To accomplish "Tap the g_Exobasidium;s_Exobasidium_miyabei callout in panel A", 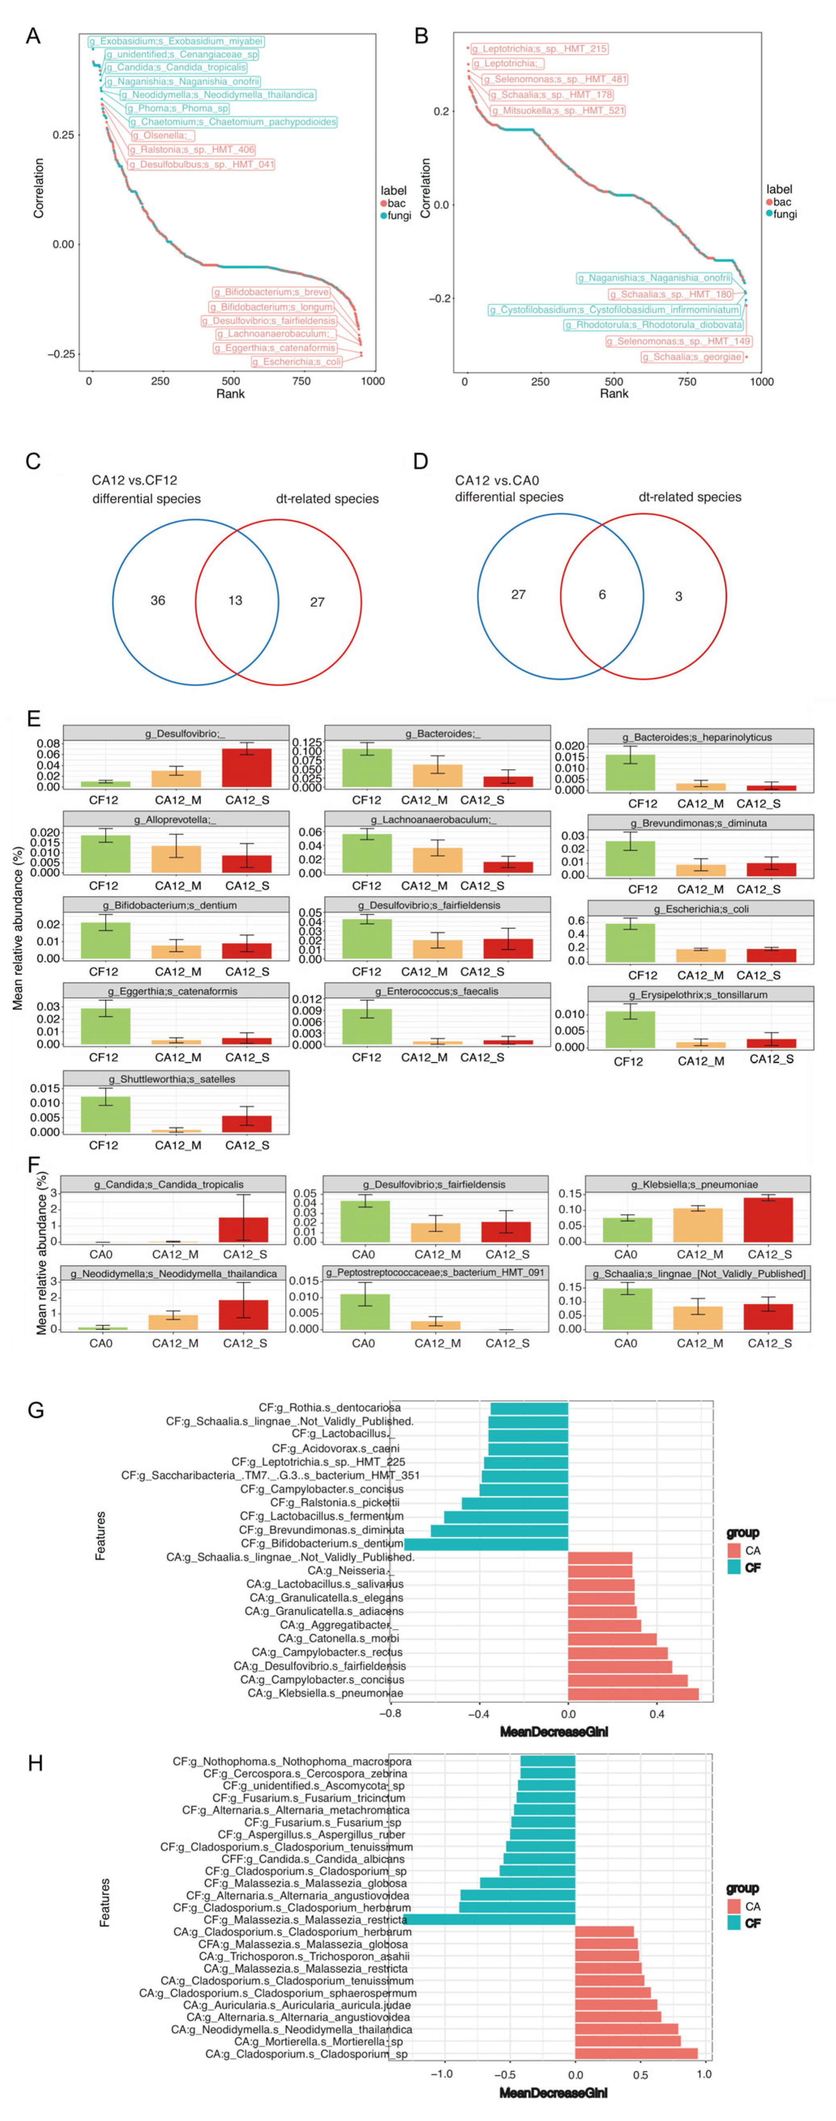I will [x=176, y=41].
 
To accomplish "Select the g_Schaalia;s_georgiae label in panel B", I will [x=692, y=356].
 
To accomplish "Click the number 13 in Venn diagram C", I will [x=236, y=600].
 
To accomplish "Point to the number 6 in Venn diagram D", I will [x=602, y=595].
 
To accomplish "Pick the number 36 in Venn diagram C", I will [x=157, y=600].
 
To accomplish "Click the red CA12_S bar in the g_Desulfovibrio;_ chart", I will [x=247, y=767].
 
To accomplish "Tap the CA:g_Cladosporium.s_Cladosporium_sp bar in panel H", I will [x=636, y=2053].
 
